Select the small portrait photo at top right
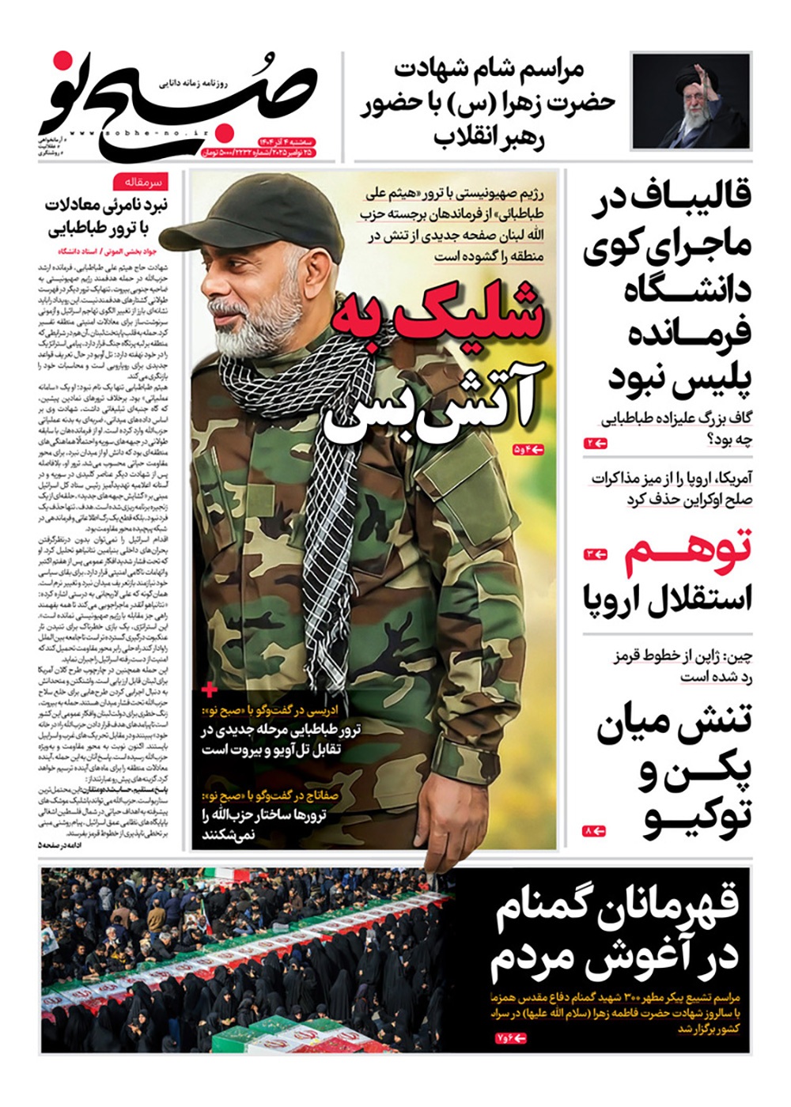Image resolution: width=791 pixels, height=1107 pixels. (x=691, y=100)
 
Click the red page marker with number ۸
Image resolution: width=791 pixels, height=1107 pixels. (x=594, y=831)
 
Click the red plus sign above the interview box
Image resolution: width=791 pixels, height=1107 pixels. (x=210, y=690)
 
